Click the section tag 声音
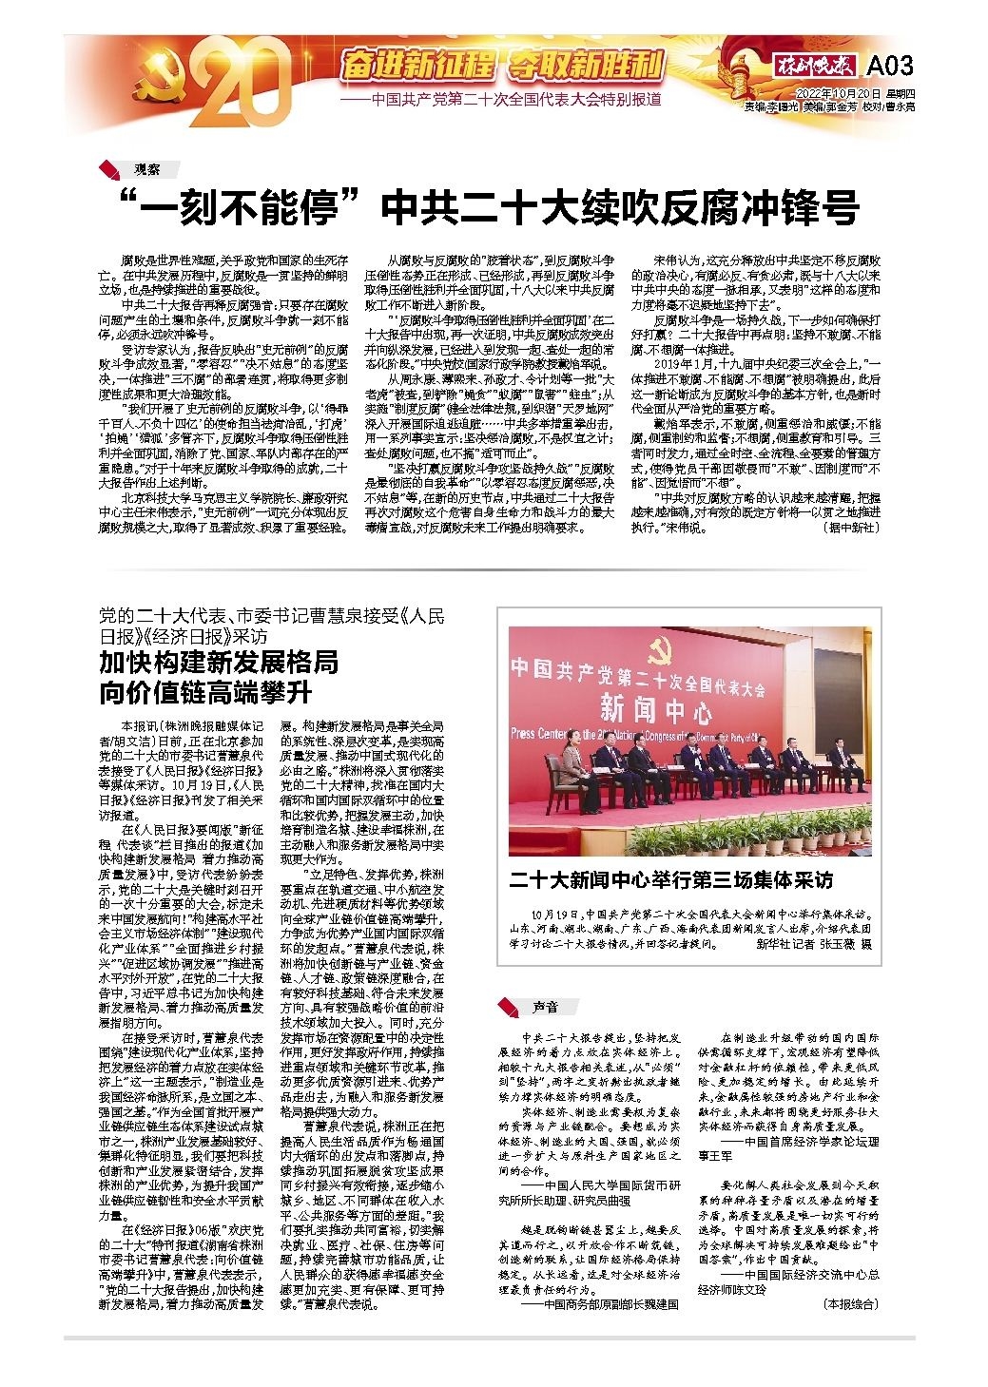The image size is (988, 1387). [x=544, y=1006]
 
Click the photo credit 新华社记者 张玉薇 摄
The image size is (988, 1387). [x=813, y=945]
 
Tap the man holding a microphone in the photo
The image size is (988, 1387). [x=697, y=761]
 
